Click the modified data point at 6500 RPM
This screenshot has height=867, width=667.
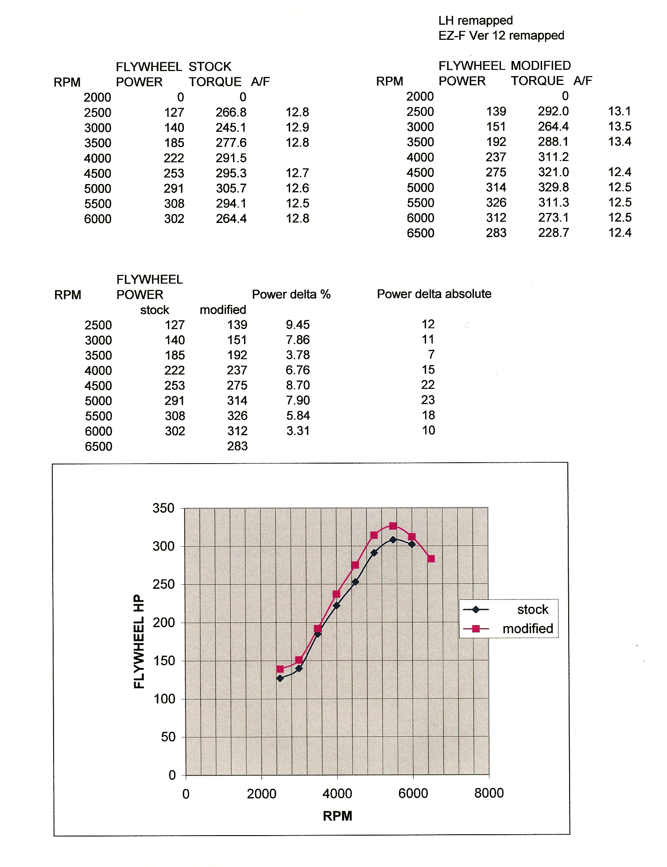click(431, 559)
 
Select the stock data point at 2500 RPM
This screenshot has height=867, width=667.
click(280, 678)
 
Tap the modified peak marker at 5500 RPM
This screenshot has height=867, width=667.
click(393, 526)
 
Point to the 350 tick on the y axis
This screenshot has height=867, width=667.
click(163, 508)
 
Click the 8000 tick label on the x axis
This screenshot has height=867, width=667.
click(489, 793)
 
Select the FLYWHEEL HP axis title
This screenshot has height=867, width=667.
click(139, 641)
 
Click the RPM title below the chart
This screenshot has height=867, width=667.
click(337, 816)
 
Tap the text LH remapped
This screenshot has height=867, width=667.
click(476, 21)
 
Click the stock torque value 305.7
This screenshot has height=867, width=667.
click(231, 188)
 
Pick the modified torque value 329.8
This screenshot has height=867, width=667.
click(554, 188)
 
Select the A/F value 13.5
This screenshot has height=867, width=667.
click(620, 127)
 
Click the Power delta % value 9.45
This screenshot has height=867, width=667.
click(298, 325)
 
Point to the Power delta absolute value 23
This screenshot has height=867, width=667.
click(428, 400)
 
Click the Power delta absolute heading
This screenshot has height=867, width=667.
click(434, 294)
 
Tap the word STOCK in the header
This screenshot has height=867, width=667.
click(210, 67)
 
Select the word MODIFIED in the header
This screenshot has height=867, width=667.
click(541, 66)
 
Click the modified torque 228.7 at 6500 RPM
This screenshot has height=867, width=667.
click(554, 233)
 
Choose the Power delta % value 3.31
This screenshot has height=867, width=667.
click(298, 431)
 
